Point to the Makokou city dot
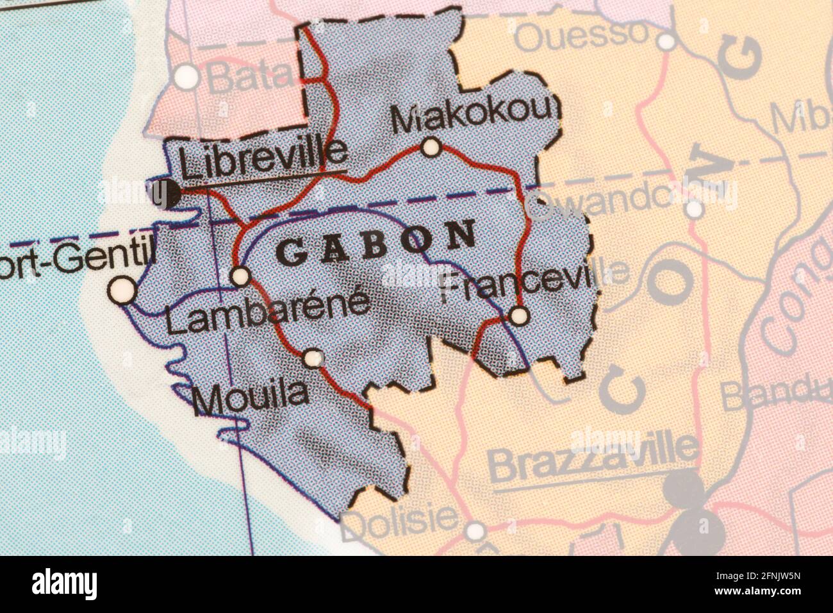431,148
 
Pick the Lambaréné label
267,311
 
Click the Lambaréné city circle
240,276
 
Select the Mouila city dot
313,358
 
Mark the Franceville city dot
519,315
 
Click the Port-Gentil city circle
122,292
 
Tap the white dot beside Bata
188,77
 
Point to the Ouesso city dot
667,42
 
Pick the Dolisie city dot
475,531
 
